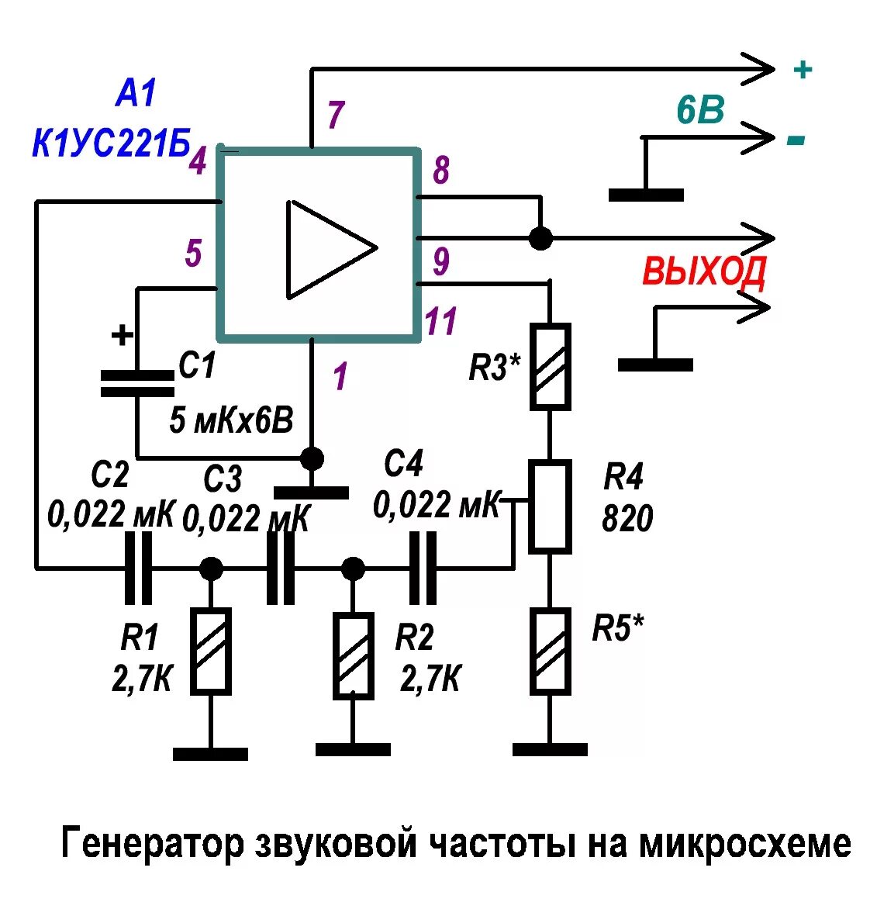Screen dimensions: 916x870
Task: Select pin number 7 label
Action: pyautogui.click(x=335, y=115)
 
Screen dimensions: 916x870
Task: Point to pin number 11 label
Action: pyautogui.click(x=440, y=320)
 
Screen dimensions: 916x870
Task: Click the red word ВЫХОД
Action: pyautogui.click(x=704, y=271)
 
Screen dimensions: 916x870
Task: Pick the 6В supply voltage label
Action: pyautogui.click(x=699, y=112)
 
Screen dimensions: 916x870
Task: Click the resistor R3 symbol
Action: pyautogui.click(x=550, y=366)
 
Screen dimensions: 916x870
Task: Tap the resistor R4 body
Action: pyautogui.click(x=550, y=506)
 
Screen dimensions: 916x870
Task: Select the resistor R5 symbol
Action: pyautogui.click(x=550, y=650)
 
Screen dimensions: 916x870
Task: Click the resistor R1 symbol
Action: pyautogui.click(x=211, y=650)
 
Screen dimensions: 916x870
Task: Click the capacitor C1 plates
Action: pyautogui.click(x=137, y=383)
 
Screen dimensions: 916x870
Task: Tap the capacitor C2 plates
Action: pyautogui.click(x=139, y=568)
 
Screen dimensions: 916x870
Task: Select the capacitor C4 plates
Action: pyautogui.click(x=423, y=568)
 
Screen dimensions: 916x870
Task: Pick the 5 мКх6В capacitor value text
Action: pyautogui.click(x=231, y=421)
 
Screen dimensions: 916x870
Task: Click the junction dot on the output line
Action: pyautogui.click(x=540, y=237)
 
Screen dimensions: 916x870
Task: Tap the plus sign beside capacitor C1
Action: pyautogui.click(x=122, y=336)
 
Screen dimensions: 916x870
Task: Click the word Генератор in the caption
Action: pyautogui.click(x=152, y=843)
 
